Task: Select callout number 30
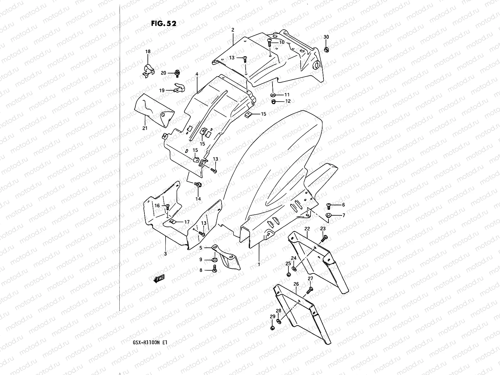pos(326,37)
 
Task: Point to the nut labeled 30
pos(326,49)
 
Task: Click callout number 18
pos(148,52)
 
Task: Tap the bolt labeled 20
pos(177,73)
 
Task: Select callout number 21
pos(145,128)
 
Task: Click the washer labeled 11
pos(273,94)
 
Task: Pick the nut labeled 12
pos(273,101)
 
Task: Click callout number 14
pos(198,199)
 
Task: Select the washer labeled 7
pos(329,215)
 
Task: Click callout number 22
pos(307,229)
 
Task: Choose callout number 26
pos(296,284)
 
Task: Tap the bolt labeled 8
pos(214,269)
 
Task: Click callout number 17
pos(187,222)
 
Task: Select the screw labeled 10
pos(269,42)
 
